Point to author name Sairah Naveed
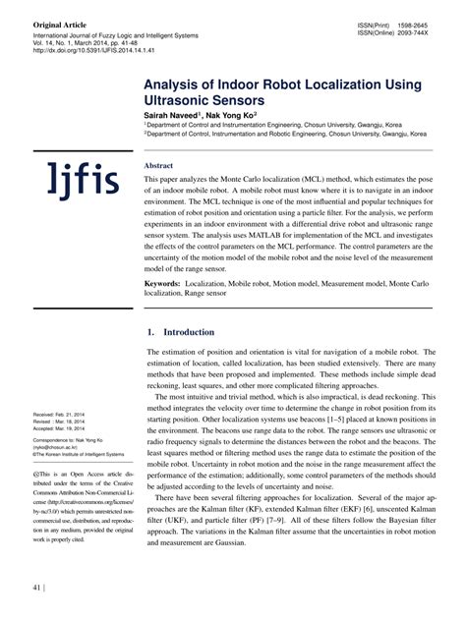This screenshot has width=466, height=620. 174,116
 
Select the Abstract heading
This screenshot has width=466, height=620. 158,165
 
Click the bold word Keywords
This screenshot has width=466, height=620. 162,283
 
